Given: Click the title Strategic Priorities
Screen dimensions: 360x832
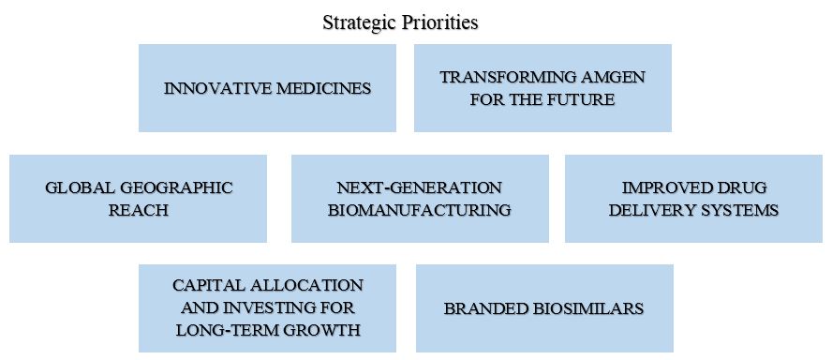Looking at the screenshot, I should (400, 22).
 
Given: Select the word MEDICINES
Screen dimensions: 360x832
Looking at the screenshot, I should (321, 88).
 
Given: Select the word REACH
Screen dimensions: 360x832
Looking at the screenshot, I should (138, 210).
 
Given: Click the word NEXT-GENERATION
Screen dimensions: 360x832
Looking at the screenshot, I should (419, 187).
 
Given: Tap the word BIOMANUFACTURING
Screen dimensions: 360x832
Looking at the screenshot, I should (419, 210).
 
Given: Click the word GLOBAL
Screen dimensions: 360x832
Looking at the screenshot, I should (80, 187).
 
